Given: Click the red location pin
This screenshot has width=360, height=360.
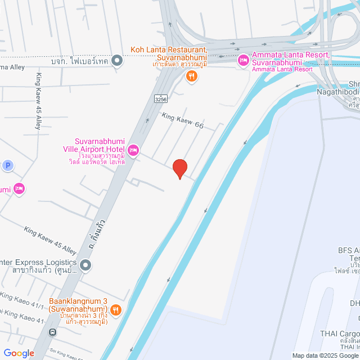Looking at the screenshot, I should (x=179, y=168).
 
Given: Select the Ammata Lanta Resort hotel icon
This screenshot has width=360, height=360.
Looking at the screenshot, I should (x=244, y=60).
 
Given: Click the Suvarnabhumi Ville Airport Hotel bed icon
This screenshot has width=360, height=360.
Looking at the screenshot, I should (x=133, y=150).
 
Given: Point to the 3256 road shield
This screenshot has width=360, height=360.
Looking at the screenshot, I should (x=161, y=98).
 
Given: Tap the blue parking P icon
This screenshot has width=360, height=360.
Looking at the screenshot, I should (x=7, y=165).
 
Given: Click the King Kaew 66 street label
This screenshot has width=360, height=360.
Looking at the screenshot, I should (x=183, y=121).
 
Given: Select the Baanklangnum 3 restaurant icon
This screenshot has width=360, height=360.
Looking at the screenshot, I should (x=115, y=309).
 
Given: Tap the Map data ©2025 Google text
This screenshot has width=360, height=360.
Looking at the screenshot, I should (x=325, y=355).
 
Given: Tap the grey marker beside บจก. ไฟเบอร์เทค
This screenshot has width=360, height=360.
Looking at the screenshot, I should (x=117, y=60).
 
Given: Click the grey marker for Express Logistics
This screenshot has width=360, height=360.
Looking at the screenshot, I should (x=85, y=264).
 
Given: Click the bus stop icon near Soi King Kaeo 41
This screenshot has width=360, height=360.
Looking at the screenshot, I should (x=52, y=332).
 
